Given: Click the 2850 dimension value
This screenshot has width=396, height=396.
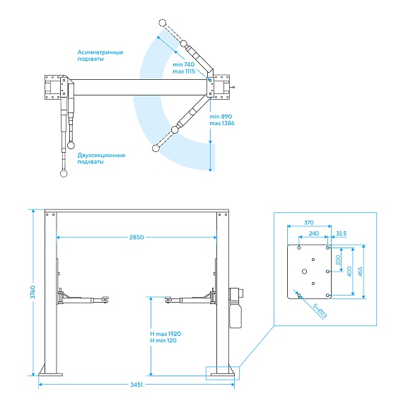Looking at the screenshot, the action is coord(136,237).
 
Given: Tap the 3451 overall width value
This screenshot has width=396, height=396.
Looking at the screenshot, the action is coord(136,385).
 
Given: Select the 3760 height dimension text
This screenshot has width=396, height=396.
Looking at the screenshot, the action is coord(33,292).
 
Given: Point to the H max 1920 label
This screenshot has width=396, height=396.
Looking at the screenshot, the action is coord(165,334).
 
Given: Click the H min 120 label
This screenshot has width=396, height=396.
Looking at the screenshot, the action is coord(163,341).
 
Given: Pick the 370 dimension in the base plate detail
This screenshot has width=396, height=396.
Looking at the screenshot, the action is coord(309,223).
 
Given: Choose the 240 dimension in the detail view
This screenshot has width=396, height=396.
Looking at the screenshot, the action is coord(314,233).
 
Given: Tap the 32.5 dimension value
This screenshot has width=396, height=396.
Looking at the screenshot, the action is coord(341,233).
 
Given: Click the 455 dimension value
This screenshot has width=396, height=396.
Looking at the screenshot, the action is coord(361,272).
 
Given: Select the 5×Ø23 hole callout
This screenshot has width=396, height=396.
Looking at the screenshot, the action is coord(320,310).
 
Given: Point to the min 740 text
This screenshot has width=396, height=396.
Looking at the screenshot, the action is coord(184,64).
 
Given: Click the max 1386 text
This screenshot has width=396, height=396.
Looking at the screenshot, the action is coord(222,123).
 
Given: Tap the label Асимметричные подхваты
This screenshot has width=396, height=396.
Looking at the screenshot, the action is coord(100,56).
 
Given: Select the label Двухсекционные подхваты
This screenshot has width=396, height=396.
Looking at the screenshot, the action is coord(101,158).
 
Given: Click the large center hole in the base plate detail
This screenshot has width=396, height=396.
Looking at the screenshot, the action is coord(304,272).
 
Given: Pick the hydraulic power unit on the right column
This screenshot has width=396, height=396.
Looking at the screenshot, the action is coord(235,308).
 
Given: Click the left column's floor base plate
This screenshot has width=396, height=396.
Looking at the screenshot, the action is coord(50,375).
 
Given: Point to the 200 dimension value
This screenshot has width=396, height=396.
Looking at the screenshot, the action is coord(338,260).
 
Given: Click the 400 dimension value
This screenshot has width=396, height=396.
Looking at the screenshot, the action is coord(349,272).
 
